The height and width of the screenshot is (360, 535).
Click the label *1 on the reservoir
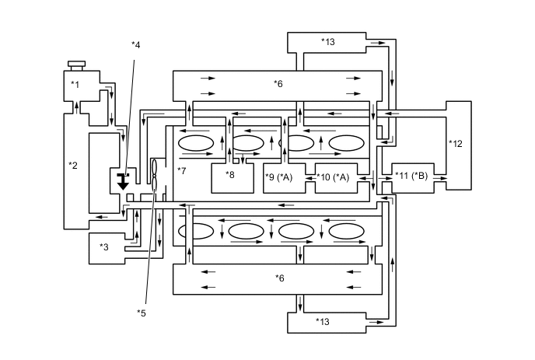tap(75, 84)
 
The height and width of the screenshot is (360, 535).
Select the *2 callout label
tap(73, 165)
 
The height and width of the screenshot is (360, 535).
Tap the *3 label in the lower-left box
tap(103, 246)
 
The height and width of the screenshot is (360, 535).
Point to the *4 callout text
tap(136, 45)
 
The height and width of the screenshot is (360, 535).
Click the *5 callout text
tap(141, 313)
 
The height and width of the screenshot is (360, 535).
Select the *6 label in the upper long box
tap(278, 83)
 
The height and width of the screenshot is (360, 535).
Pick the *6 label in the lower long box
tap(279, 277)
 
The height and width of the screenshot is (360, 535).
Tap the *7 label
tap(182, 170)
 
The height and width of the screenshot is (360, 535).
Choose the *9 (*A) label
tap(279, 177)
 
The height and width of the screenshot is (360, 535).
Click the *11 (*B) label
tap(411, 177)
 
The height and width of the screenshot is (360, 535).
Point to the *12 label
tap(456, 143)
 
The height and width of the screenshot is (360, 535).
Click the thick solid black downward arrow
tap(123, 182)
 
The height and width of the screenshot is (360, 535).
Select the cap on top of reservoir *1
tap(75, 65)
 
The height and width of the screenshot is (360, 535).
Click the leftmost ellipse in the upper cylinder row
tap(197, 143)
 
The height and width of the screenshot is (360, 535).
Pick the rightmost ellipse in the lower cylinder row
tap(346, 231)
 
